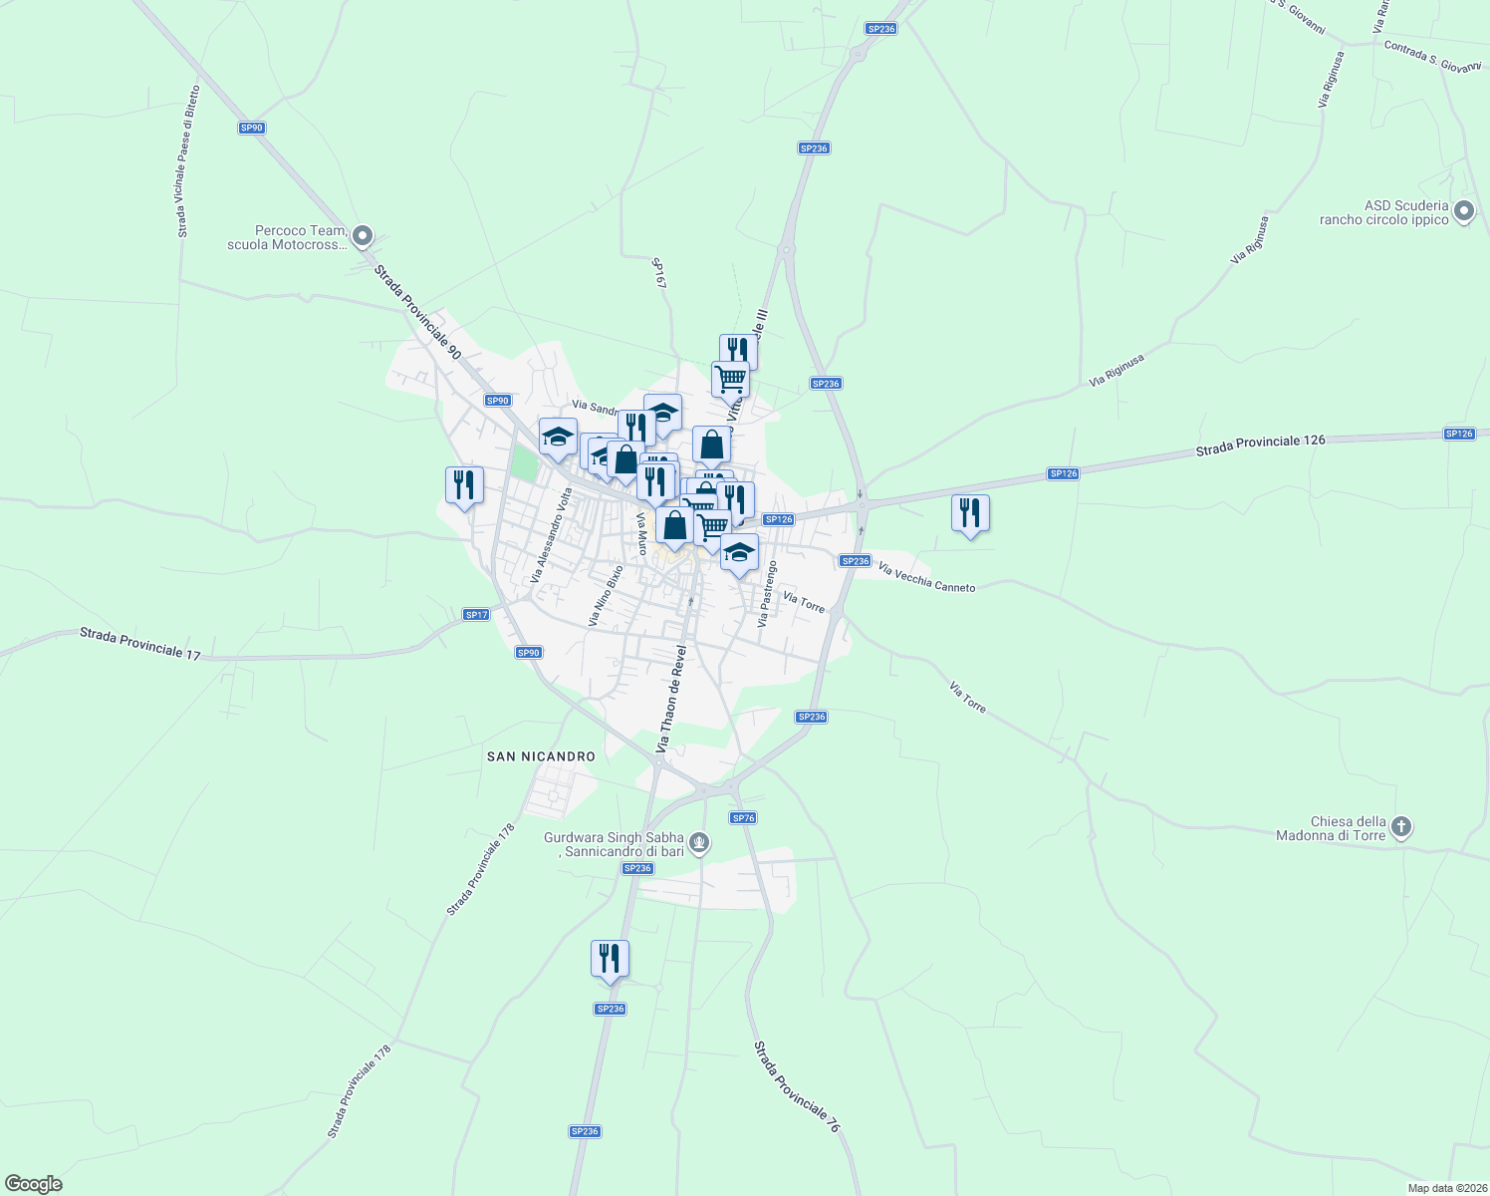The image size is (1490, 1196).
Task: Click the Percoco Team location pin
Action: (x=363, y=237)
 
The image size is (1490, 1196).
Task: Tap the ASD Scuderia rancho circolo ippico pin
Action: (x=1463, y=211)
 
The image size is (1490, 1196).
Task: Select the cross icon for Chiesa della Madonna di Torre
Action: (x=1401, y=827)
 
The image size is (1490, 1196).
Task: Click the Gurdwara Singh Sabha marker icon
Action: (x=699, y=844)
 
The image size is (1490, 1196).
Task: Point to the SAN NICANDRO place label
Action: (x=541, y=756)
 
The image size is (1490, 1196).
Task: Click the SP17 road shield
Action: (x=476, y=615)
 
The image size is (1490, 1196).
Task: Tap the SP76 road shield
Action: (x=743, y=818)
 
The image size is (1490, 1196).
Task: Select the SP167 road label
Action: (x=658, y=274)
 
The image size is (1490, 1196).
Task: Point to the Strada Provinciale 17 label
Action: (x=139, y=643)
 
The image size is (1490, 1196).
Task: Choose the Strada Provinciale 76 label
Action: (x=797, y=1086)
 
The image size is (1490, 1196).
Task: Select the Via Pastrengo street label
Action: (x=766, y=594)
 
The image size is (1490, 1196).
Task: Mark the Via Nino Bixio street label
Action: (x=607, y=596)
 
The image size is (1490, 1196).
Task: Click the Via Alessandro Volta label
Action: (x=552, y=535)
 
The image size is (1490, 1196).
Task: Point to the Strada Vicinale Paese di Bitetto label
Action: (x=188, y=161)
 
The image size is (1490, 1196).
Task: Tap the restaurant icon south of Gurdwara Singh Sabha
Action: (x=610, y=959)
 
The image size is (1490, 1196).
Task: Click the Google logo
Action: (x=33, y=1184)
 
